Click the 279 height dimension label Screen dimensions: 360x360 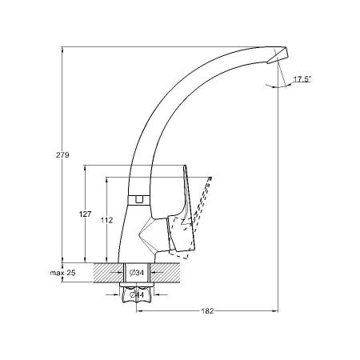point(62,155)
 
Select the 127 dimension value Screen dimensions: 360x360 point(85,214)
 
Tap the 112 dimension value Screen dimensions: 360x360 point(106,220)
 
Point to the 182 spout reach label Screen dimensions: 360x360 point(207,311)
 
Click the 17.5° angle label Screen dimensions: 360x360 point(302,79)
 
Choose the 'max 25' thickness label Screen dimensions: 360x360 point(62,273)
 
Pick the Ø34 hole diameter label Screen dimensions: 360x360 point(137,273)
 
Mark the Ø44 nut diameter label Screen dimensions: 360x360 point(137,294)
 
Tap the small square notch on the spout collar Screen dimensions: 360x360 point(138,199)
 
